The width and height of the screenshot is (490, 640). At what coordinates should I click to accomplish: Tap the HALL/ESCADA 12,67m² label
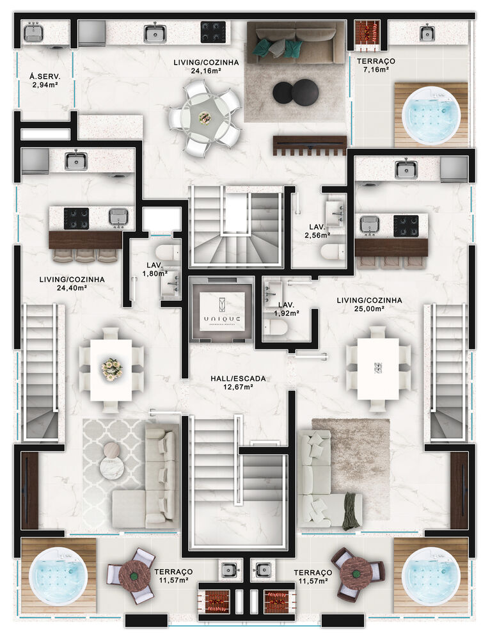tap(238, 383)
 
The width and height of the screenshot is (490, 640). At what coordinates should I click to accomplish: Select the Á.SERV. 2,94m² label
tap(45, 79)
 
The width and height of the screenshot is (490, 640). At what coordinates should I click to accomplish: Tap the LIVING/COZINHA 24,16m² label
tap(206, 67)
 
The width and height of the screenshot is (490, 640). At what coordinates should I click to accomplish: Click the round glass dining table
tap(205, 118)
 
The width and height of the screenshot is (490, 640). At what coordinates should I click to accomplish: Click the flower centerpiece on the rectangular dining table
tap(111, 367)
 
